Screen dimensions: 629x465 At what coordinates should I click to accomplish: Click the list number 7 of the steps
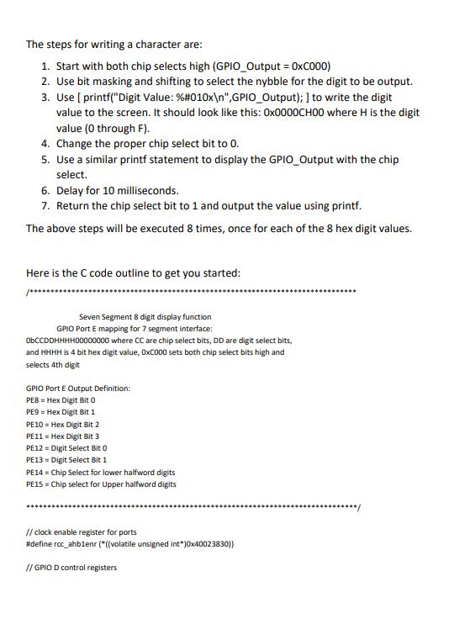pyautogui.click(x=47, y=205)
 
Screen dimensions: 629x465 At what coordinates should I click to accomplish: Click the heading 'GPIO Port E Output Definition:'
pyautogui.click(x=78, y=388)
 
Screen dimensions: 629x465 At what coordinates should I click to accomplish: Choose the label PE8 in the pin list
pyautogui.click(x=34, y=401)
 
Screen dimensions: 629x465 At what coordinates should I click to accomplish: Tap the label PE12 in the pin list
pyautogui.click(x=36, y=448)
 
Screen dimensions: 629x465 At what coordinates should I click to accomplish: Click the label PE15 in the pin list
pyautogui.click(x=36, y=484)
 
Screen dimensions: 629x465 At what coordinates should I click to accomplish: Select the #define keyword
pyautogui.click(x=41, y=543)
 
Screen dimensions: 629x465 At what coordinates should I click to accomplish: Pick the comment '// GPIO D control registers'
pyautogui.click(x=71, y=567)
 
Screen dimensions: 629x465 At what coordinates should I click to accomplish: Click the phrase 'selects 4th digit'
pyautogui.click(x=53, y=365)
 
